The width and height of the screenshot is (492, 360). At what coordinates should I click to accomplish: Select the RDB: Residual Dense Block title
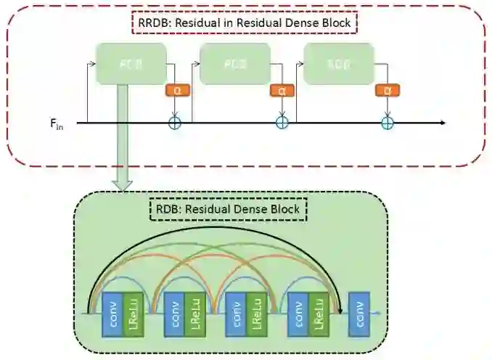click(x=230, y=210)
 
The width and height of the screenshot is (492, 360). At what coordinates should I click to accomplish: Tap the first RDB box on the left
click(x=131, y=64)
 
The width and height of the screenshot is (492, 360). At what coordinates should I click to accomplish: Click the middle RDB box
click(x=234, y=64)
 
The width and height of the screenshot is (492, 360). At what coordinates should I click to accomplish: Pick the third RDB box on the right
click(x=339, y=64)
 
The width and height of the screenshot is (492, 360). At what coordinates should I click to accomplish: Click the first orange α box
click(x=174, y=91)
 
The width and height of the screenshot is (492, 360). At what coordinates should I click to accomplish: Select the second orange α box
click(x=280, y=91)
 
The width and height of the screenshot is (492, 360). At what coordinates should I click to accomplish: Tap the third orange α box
click(x=385, y=91)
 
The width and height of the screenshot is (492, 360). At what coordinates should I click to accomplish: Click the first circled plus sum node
click(x=174, y=123)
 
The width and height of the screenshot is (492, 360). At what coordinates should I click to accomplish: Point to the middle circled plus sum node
click(x=282, y=123)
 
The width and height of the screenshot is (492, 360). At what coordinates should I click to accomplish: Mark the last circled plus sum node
click(x=387, y=123)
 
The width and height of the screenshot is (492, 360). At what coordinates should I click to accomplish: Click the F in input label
click(x=55, y=124)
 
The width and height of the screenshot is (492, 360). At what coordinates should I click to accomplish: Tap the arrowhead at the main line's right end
click(x=440, y=123)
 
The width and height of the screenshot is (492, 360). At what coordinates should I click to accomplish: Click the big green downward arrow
click(x=124, y=145)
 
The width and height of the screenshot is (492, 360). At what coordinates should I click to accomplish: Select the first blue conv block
click(x=112, y=314)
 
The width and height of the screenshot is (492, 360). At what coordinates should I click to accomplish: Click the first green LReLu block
click(x=133, y=314)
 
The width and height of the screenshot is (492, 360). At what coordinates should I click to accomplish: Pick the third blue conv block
click(x=236, y=314)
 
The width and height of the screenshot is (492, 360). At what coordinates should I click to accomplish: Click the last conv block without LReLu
click(x=358, y=314)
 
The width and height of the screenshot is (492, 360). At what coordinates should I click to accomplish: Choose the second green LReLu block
click(x=194, y=314)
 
